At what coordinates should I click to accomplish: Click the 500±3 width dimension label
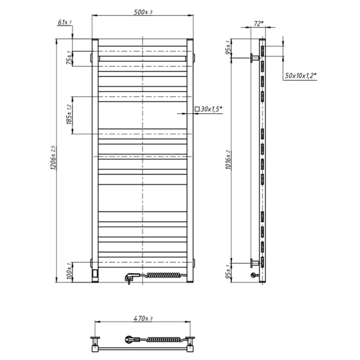click(x=143, y=12)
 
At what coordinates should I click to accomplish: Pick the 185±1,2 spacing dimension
click(x=69, y=115)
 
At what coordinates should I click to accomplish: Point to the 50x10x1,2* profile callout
click(x=301, y=76)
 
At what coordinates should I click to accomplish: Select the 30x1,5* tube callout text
click(x=212, y=109)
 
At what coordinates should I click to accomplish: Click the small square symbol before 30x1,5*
click(x=197, y=109)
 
